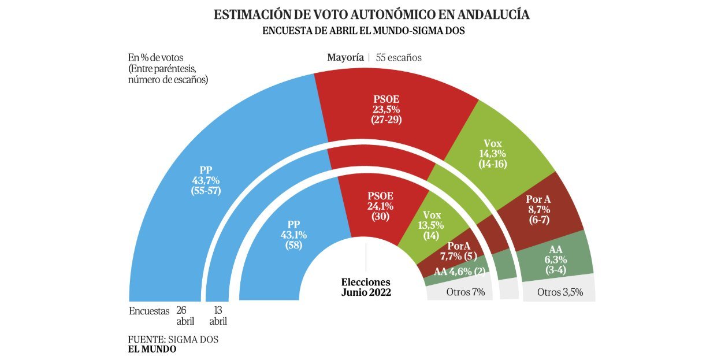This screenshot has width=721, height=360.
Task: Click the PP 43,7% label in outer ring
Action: click(x=206, y=180)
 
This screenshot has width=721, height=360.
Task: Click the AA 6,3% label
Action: click(x=555, y=259)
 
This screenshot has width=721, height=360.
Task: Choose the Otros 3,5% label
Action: click(x=560, y=292)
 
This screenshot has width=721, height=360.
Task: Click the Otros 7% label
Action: click(x=465, y=292)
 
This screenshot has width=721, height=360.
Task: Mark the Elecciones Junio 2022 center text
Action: click(x=366, y=287)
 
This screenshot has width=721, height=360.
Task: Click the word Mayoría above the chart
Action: click(x=345, y=57)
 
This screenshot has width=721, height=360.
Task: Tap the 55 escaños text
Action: click(x=399, y=57)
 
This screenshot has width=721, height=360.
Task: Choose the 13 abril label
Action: click(x=218, y=316)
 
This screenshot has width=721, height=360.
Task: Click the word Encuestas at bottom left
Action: click(x=149, y=310)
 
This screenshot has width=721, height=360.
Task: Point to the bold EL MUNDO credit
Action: click(x=152, y=349)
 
